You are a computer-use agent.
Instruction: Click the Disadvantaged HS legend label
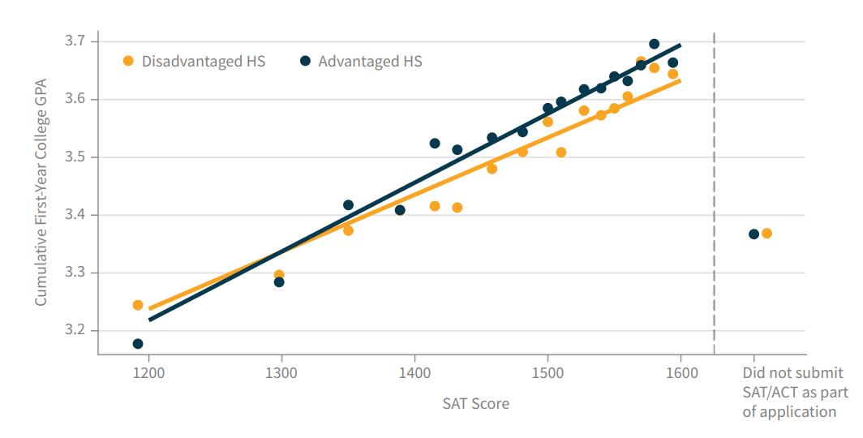point(203,61)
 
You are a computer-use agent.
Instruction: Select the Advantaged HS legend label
point(370,61)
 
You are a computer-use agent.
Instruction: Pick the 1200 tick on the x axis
point(148,373)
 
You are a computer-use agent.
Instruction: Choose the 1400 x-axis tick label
point(414,373)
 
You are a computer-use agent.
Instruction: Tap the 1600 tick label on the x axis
point(681,373)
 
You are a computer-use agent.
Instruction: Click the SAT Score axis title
point(476,403)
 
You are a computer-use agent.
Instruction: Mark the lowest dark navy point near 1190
point(138,344)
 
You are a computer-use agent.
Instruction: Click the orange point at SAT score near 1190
point(138,305)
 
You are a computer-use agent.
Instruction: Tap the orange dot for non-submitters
point(766,234)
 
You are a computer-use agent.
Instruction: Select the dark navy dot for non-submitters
point(754,234)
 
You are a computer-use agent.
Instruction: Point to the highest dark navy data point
point(654,44)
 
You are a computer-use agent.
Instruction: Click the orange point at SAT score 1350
point(348,230)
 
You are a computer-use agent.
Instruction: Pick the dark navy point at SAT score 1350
point(348,205)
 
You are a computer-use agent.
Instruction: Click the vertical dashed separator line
point(714,195)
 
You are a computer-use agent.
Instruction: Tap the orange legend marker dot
point(128,61)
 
